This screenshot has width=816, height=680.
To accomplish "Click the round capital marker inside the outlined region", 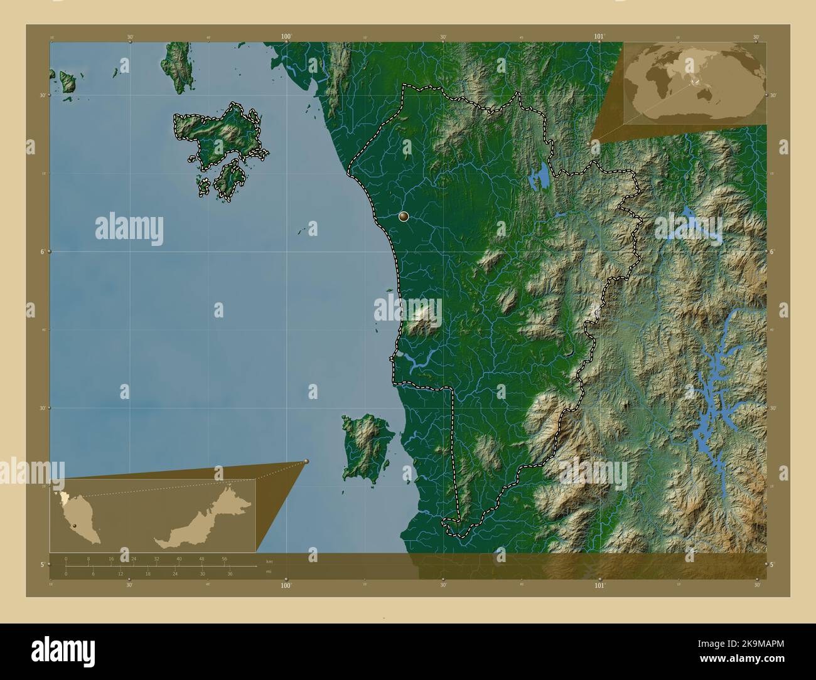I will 404,217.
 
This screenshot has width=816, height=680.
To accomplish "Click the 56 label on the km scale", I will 224,559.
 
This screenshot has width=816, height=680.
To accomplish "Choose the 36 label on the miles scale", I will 230,573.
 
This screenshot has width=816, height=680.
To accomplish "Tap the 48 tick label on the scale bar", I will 201,559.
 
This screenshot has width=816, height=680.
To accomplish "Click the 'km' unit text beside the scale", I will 269,561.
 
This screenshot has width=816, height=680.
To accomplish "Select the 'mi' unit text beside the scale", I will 269,571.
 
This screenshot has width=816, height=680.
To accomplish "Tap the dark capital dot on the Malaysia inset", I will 75,524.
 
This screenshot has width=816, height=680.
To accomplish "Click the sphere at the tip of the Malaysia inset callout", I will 306,462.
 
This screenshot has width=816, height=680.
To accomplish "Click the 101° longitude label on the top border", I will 599,37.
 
